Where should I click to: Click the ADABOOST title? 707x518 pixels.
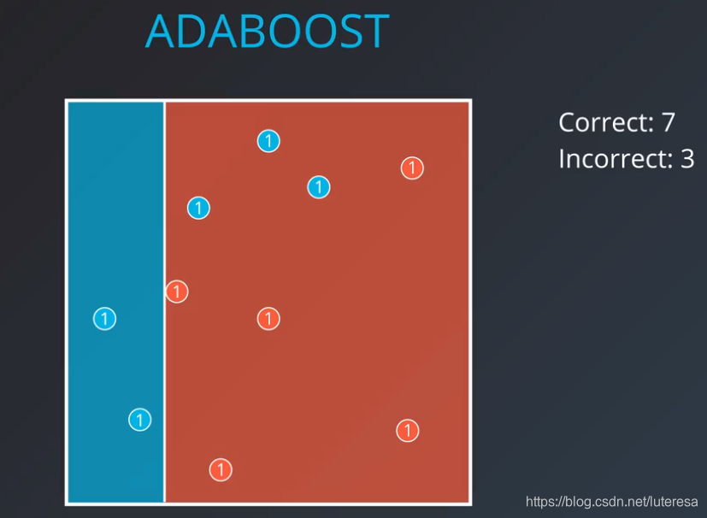268,31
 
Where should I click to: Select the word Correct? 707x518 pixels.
606,122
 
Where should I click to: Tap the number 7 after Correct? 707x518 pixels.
669,122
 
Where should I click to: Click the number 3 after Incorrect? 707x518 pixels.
687,159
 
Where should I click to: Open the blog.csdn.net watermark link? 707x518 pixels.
611,501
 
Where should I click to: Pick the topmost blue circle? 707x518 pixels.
268,141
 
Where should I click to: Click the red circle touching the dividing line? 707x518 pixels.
177,291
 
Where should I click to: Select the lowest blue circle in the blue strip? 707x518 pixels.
140,420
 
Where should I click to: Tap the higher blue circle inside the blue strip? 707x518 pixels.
104,319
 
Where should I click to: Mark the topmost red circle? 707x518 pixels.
412,168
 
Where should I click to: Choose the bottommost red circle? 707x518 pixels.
221,470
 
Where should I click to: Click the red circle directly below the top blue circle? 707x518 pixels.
268,319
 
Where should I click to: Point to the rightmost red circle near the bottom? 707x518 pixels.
408,431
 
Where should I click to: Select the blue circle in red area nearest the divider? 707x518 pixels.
198,208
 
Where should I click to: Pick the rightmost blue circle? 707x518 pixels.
319,187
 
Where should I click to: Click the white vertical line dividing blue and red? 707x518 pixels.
165,302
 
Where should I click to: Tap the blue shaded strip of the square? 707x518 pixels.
116,226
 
